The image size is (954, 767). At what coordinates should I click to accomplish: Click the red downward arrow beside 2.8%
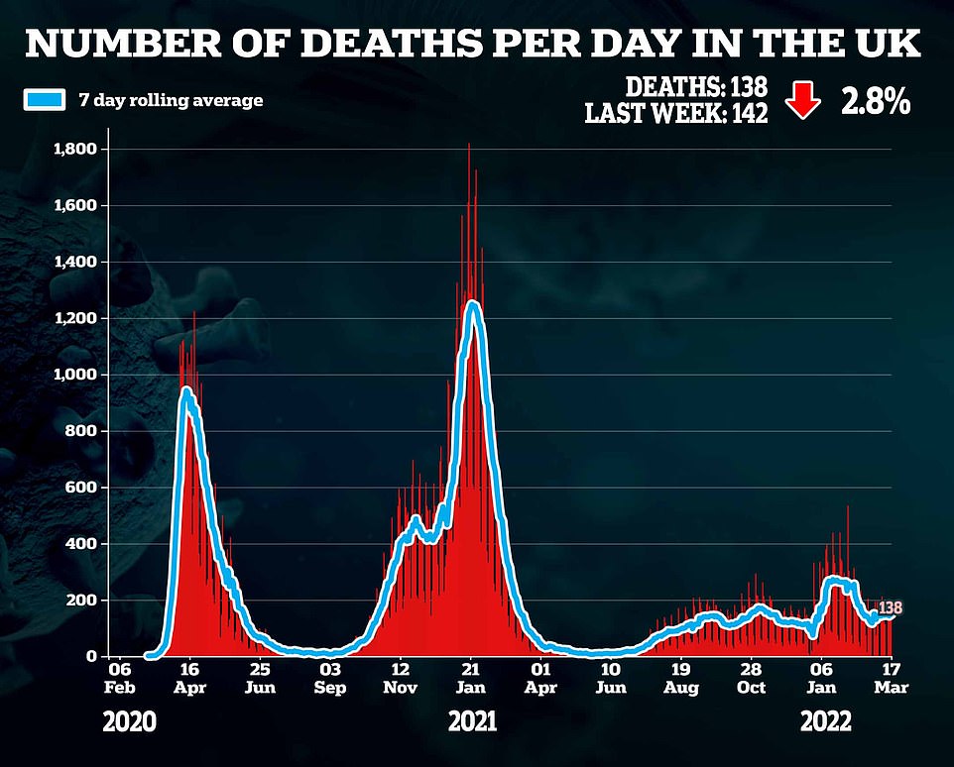[x=802, y=101]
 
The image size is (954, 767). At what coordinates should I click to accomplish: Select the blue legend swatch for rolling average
[x=44, y=100]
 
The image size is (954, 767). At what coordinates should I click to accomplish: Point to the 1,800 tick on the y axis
[x=75, y=149]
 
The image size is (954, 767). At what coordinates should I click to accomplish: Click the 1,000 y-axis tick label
[x=75, y=375]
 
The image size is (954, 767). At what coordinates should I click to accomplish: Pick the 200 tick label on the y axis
[x=85, y=601]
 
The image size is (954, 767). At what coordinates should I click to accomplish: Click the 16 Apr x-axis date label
[x=189, y=677]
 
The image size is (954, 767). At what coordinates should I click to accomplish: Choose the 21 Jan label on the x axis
[x=471, y=677]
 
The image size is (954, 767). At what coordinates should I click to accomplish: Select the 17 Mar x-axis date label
[x=891, y=677]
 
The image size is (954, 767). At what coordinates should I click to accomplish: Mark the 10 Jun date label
[x=612, y=677]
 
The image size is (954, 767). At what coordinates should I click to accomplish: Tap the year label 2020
[x=130, y=721]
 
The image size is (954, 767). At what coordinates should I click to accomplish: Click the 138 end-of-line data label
[x=891, y=607]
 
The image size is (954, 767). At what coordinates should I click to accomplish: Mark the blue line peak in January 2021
[x=473, y=304]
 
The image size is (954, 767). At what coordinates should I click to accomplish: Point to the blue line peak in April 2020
[x=186, y=391]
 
